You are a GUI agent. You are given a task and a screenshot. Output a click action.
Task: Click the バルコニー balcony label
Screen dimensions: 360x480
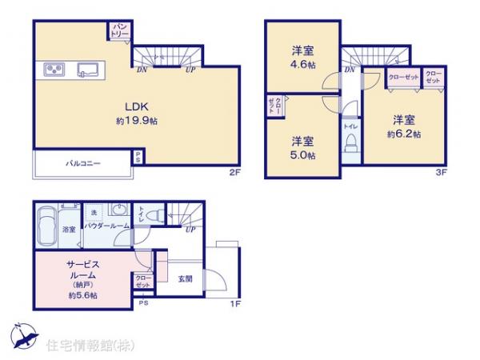tap(82, 163)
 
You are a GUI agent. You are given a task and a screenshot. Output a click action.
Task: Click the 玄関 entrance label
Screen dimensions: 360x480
tap(186, 279)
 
